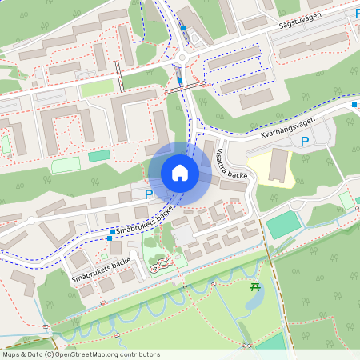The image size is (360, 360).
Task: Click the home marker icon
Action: (180, 173)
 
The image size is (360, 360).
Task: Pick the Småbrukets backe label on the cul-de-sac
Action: (100, 270)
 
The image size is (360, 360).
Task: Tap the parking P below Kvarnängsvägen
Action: (304, 142)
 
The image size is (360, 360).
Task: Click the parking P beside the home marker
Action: (148, 194)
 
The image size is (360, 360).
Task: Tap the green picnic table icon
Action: (255, 287)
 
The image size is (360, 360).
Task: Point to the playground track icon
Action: (159, 264)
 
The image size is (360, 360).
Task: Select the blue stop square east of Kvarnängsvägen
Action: (354, 104)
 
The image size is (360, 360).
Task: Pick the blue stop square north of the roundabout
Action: (183, 28)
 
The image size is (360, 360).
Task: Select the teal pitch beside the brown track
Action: (282, 225)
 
